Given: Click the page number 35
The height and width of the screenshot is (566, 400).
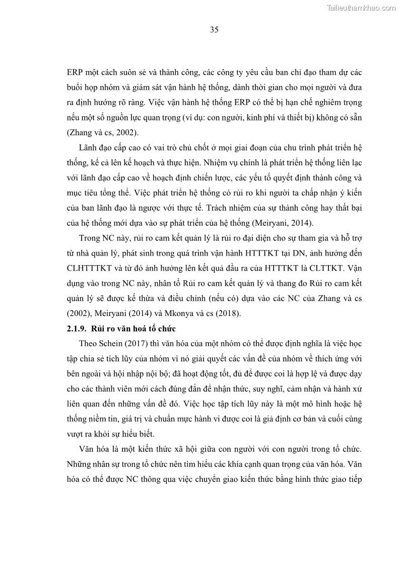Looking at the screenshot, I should (x=214, y=30).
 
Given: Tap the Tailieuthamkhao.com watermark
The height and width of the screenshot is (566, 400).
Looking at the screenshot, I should (x=361, y=8).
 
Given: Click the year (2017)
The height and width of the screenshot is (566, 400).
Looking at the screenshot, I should (x=141, y=344).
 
